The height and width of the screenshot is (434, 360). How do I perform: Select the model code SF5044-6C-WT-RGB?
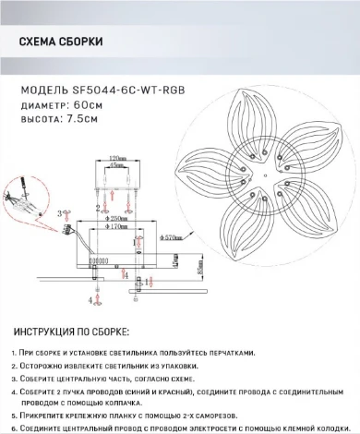pyautogui.click(x=128, y=90)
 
